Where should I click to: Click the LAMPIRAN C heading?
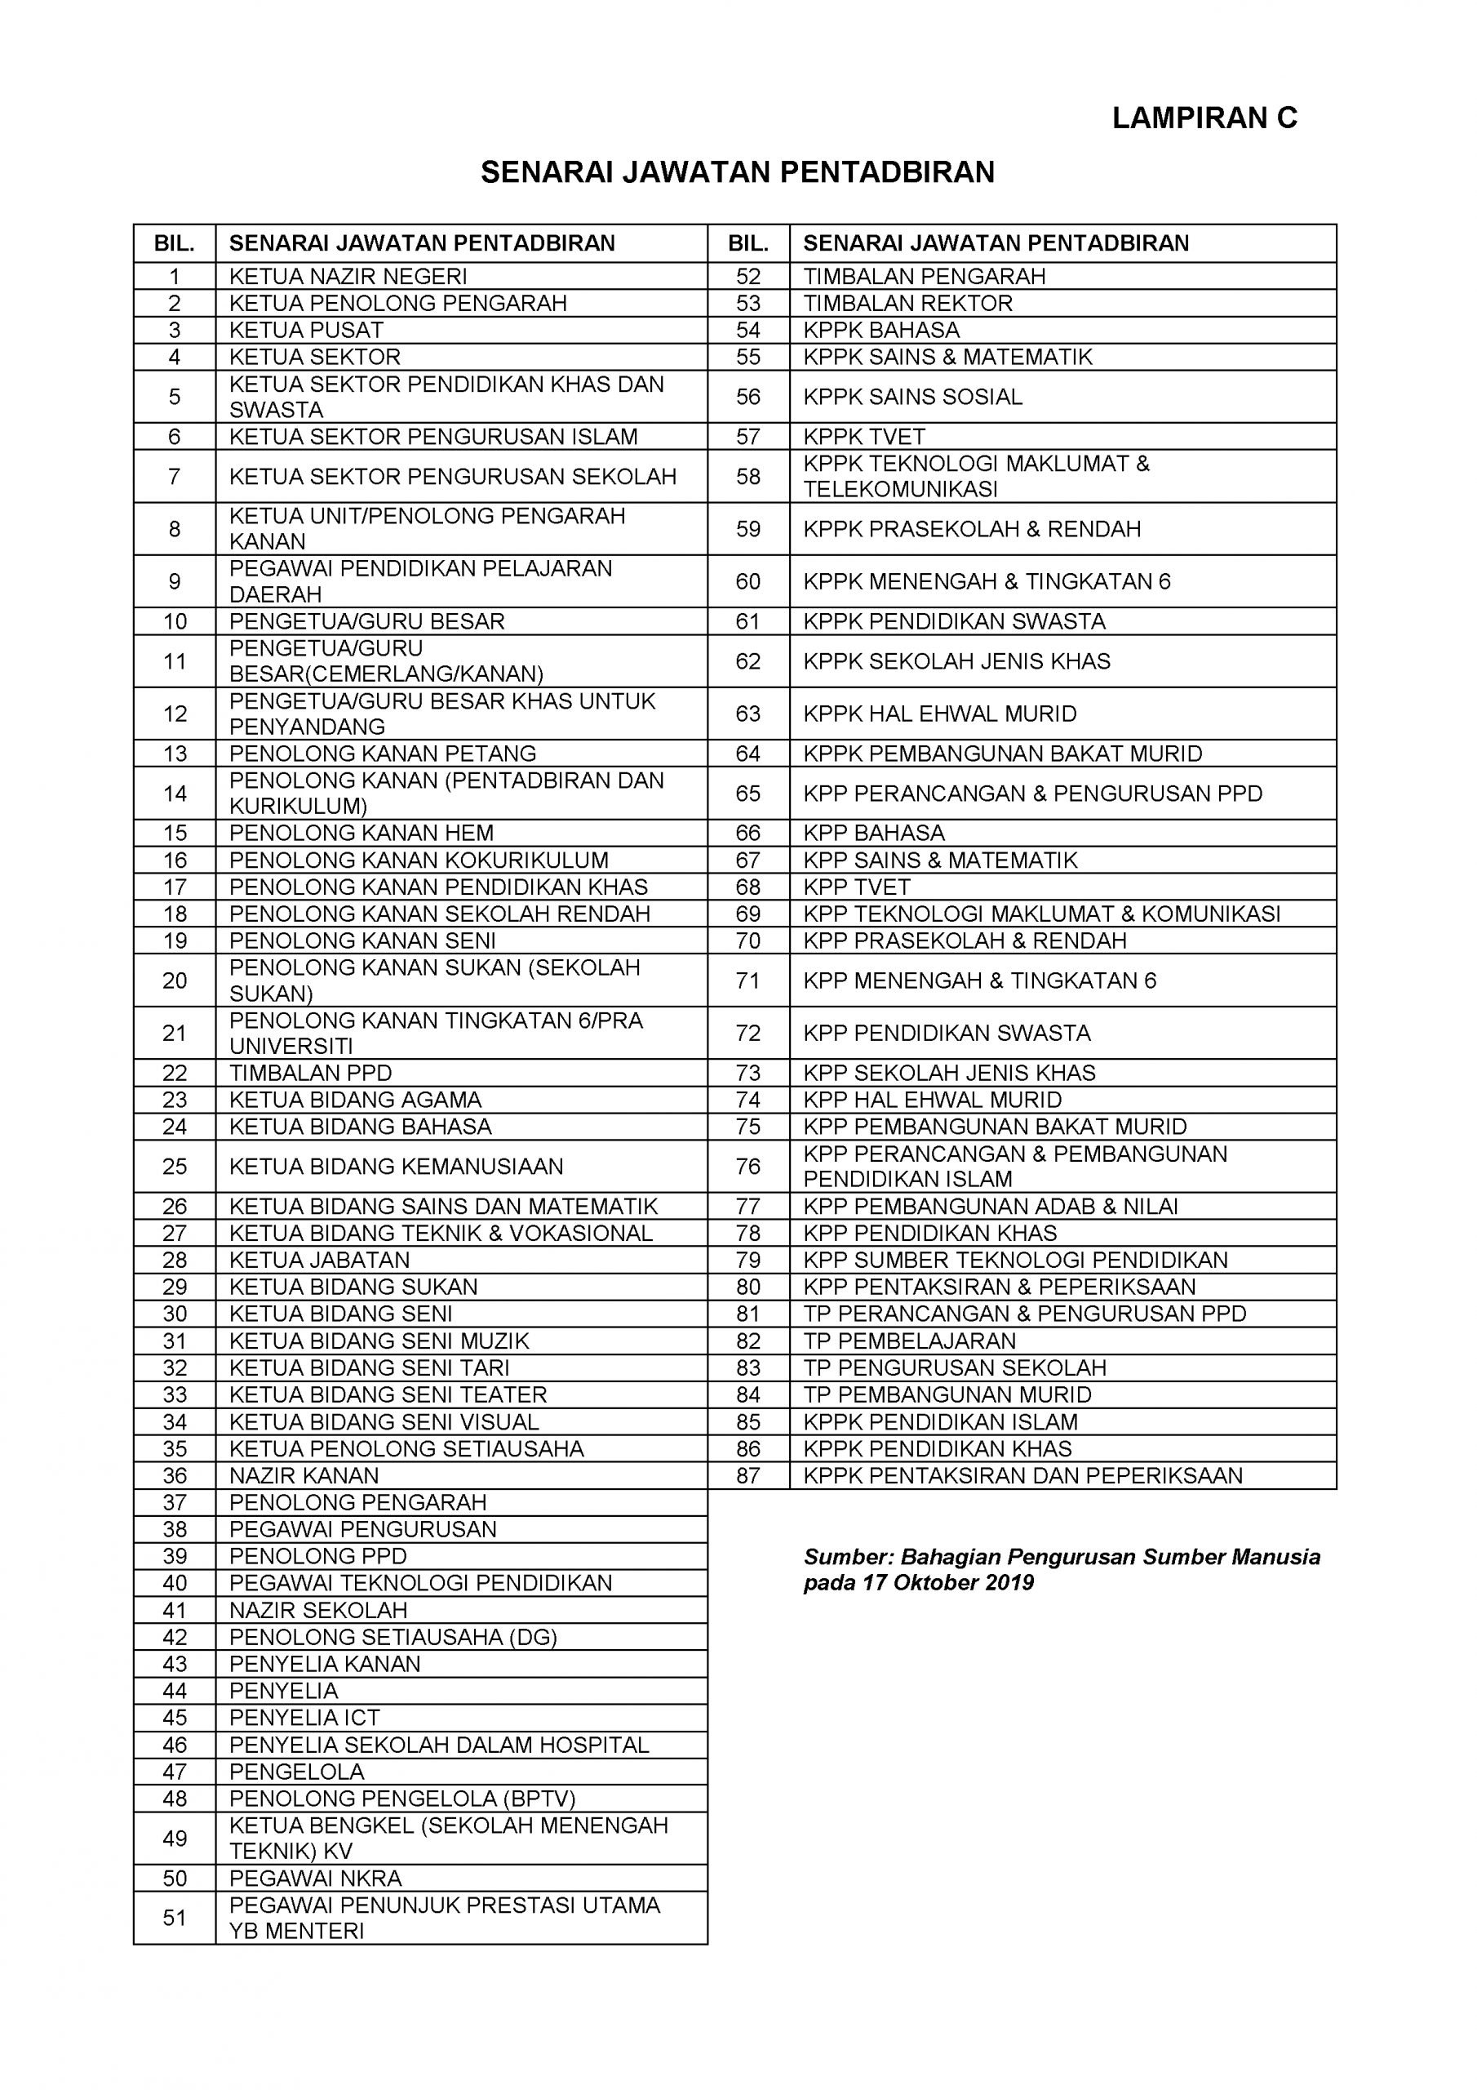pos(1204,118)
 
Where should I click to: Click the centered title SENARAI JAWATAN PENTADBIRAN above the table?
pos(737,172)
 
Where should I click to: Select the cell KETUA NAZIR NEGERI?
pos(348,276)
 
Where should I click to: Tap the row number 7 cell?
pos(175,476)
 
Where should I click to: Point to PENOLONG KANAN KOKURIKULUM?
pos(419,860)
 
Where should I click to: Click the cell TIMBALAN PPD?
pos(310,1074)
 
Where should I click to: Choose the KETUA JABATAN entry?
pos(319,1260)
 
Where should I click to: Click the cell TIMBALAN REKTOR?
pos(907,303)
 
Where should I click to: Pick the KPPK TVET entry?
pos(863,437)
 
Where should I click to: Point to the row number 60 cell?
pos(748,581)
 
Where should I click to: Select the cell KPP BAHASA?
pos(874,833)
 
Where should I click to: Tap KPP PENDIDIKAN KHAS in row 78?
pos(929,1234)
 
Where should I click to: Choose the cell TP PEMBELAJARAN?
pos(909,1341)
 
